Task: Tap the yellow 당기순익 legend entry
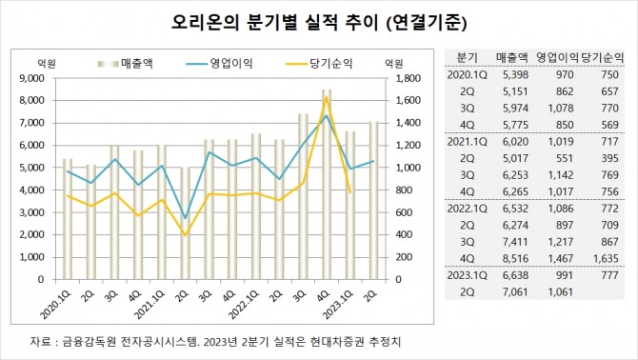point(320,63)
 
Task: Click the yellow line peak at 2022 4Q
point(327,96)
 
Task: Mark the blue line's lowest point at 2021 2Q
point(186,218)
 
